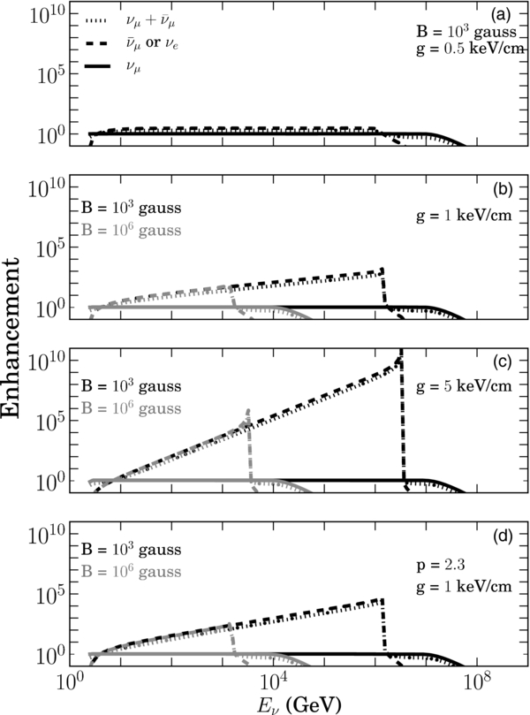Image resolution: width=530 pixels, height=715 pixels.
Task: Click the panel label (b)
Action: click(509, 188)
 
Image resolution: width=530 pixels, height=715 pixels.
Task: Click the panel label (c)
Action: click(509, 361)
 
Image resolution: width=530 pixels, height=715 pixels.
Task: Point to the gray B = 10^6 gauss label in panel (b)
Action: click(132, 234)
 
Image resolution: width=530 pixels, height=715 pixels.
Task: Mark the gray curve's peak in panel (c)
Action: click(249, 410)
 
